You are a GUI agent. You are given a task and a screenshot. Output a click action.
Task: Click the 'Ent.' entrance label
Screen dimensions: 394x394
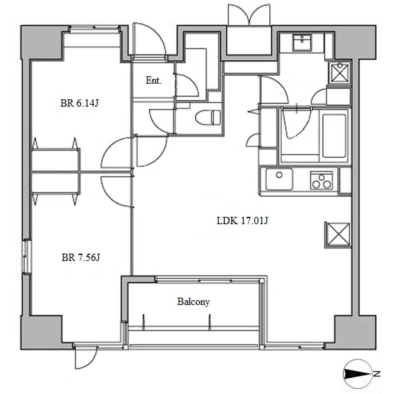click(x=153, y=80)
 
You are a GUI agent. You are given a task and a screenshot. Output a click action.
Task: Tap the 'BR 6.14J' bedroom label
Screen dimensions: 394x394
click(x=79, y=103)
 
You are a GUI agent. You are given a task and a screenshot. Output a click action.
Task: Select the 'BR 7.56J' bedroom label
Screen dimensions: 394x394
click(x=81, y=257)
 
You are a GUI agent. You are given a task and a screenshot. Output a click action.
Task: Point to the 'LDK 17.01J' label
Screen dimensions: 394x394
click(x=242, y=220)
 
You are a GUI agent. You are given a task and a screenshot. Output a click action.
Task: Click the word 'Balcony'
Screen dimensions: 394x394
click(x=193, y=302)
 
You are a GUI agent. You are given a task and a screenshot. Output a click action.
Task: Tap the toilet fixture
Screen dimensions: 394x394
click(x=208, y=117)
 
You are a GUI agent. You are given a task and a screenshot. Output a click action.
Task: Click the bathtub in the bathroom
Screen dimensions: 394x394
click(x=334, y=136)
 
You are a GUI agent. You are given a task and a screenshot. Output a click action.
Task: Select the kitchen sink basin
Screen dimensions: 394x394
click(x=279, y=179)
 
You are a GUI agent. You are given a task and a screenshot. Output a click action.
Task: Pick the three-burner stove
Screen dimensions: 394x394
click(x=321, y=180)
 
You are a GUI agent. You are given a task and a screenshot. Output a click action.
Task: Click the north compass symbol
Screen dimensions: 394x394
click(x=357, y=374)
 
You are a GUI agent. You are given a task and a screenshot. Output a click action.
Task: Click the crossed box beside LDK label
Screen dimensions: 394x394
click(x=337, y=235)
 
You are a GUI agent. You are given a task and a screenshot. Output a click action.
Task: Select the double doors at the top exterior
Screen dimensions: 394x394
click(x=249, y=15)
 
